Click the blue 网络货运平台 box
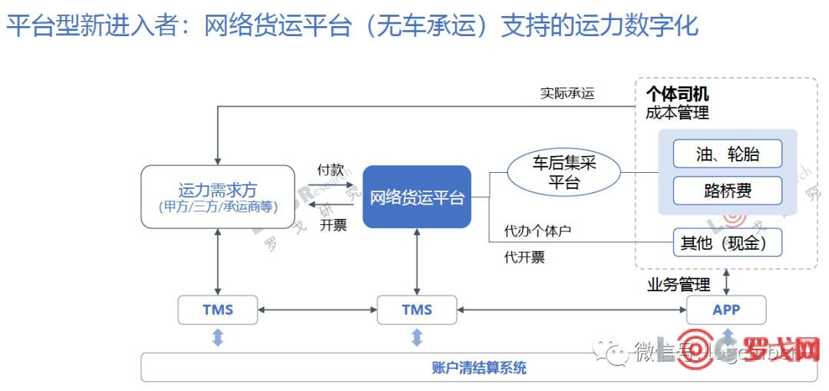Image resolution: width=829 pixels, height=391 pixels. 417,197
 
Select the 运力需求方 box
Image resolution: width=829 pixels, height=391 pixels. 218,197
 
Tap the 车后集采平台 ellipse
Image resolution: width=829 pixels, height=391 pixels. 564,172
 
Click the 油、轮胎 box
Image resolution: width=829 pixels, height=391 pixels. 727,154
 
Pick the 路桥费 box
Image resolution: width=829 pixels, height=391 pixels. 727,191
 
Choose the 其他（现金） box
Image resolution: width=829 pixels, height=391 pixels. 727,244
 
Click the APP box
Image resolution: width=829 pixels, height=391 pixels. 725,310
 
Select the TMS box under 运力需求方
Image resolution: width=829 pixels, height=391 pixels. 218,310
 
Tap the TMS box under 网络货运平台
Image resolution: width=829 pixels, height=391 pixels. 417,310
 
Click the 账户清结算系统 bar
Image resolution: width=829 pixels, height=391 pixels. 479,367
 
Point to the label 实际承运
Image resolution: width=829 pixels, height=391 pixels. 567,94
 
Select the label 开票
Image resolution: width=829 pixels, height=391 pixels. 333,225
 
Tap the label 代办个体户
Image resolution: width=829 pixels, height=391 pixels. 537,230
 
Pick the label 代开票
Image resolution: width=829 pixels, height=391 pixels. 524,257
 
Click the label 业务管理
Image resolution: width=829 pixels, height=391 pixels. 679,285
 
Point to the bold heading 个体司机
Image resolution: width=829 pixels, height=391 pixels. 677,94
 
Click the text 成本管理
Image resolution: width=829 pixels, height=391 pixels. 677,113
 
